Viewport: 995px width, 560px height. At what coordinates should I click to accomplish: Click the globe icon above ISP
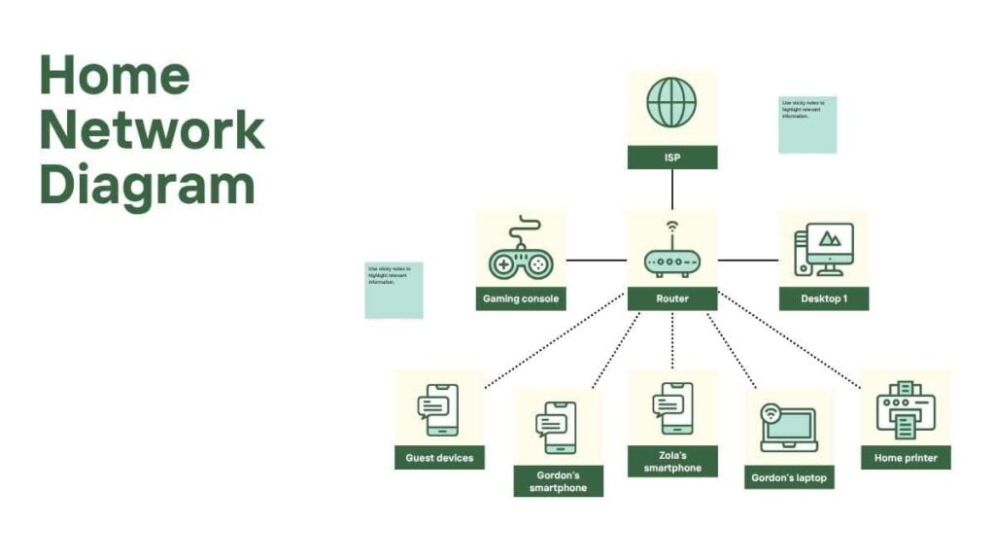click(x=671, y=103)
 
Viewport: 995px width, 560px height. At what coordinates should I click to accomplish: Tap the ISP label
click(x=671, y=157)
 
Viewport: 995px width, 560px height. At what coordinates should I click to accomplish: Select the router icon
click(x=671, y=254)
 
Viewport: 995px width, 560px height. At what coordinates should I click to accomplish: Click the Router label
click(x=671, y=298)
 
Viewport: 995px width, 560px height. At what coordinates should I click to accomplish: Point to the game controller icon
click(x=520, y=251)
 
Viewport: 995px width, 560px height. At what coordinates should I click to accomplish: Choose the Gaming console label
click(x=521, y=298)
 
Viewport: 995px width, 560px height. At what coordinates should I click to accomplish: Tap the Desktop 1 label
click(x=823, y=298)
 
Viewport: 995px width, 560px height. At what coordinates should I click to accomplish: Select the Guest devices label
click(x=438, y=457)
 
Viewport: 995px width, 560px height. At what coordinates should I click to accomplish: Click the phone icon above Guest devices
click(x=438, y=409)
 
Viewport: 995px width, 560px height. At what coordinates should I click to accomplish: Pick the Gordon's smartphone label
click(x=558, y=481)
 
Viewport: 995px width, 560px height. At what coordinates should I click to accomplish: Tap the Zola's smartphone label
click(x=671, y=462)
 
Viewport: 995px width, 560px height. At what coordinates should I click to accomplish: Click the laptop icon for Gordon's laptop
click(x=788, y=429)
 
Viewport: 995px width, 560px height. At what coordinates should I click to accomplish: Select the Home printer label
click(x=906, y=457)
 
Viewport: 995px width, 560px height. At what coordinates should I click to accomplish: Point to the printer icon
click(x=906, y=409)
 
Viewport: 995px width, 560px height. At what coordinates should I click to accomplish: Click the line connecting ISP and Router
click(x=671, y=189)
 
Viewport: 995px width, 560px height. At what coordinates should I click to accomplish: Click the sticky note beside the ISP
click(x=806, y=124)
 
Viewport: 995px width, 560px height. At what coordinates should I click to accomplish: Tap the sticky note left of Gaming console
click(x=394, y=290)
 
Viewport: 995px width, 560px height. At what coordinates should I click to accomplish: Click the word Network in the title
click(x=153, y=130)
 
